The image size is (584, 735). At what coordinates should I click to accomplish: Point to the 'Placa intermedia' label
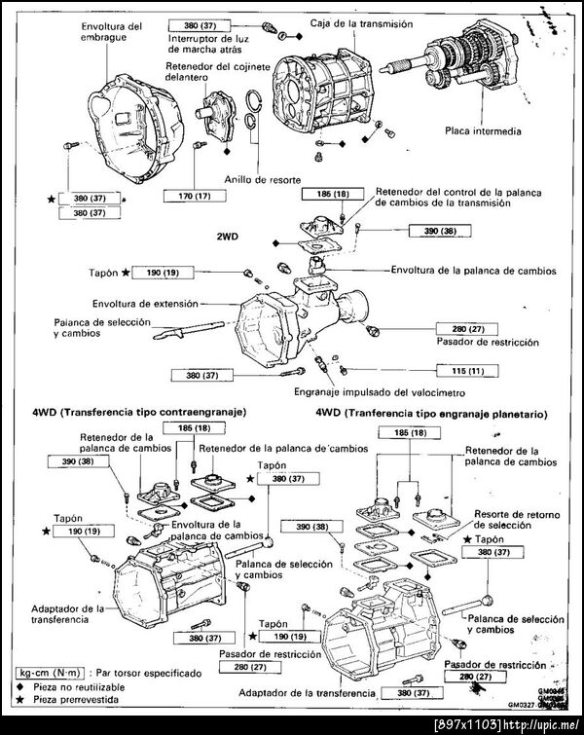coord(484,130)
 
